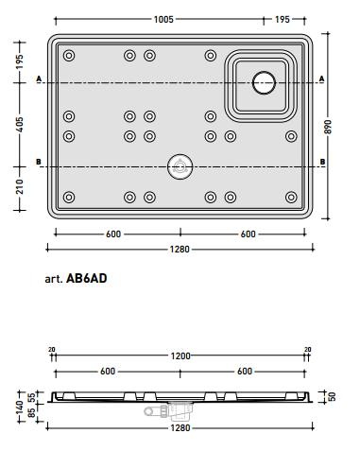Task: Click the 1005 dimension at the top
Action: (x=163, y=20)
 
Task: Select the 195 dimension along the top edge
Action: (x=283, y=20)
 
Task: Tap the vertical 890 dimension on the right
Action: (x=328, y=127)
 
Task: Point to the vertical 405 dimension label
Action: (x=20, y=124)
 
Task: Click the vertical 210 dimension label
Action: (x=20, y=186)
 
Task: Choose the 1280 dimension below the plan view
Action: (x=180, y=250)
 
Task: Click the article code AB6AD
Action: (x=87, y=278)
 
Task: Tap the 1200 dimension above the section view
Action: (x=180, y=356)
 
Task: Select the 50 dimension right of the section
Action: (x=332, y=396)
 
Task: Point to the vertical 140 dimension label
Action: (x=20, y=408)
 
